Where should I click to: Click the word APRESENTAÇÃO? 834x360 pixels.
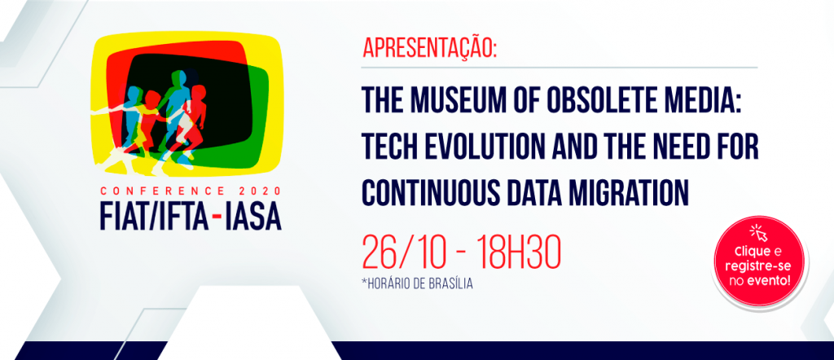point(429,47)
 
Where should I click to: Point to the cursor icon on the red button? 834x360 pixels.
point(759,233)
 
